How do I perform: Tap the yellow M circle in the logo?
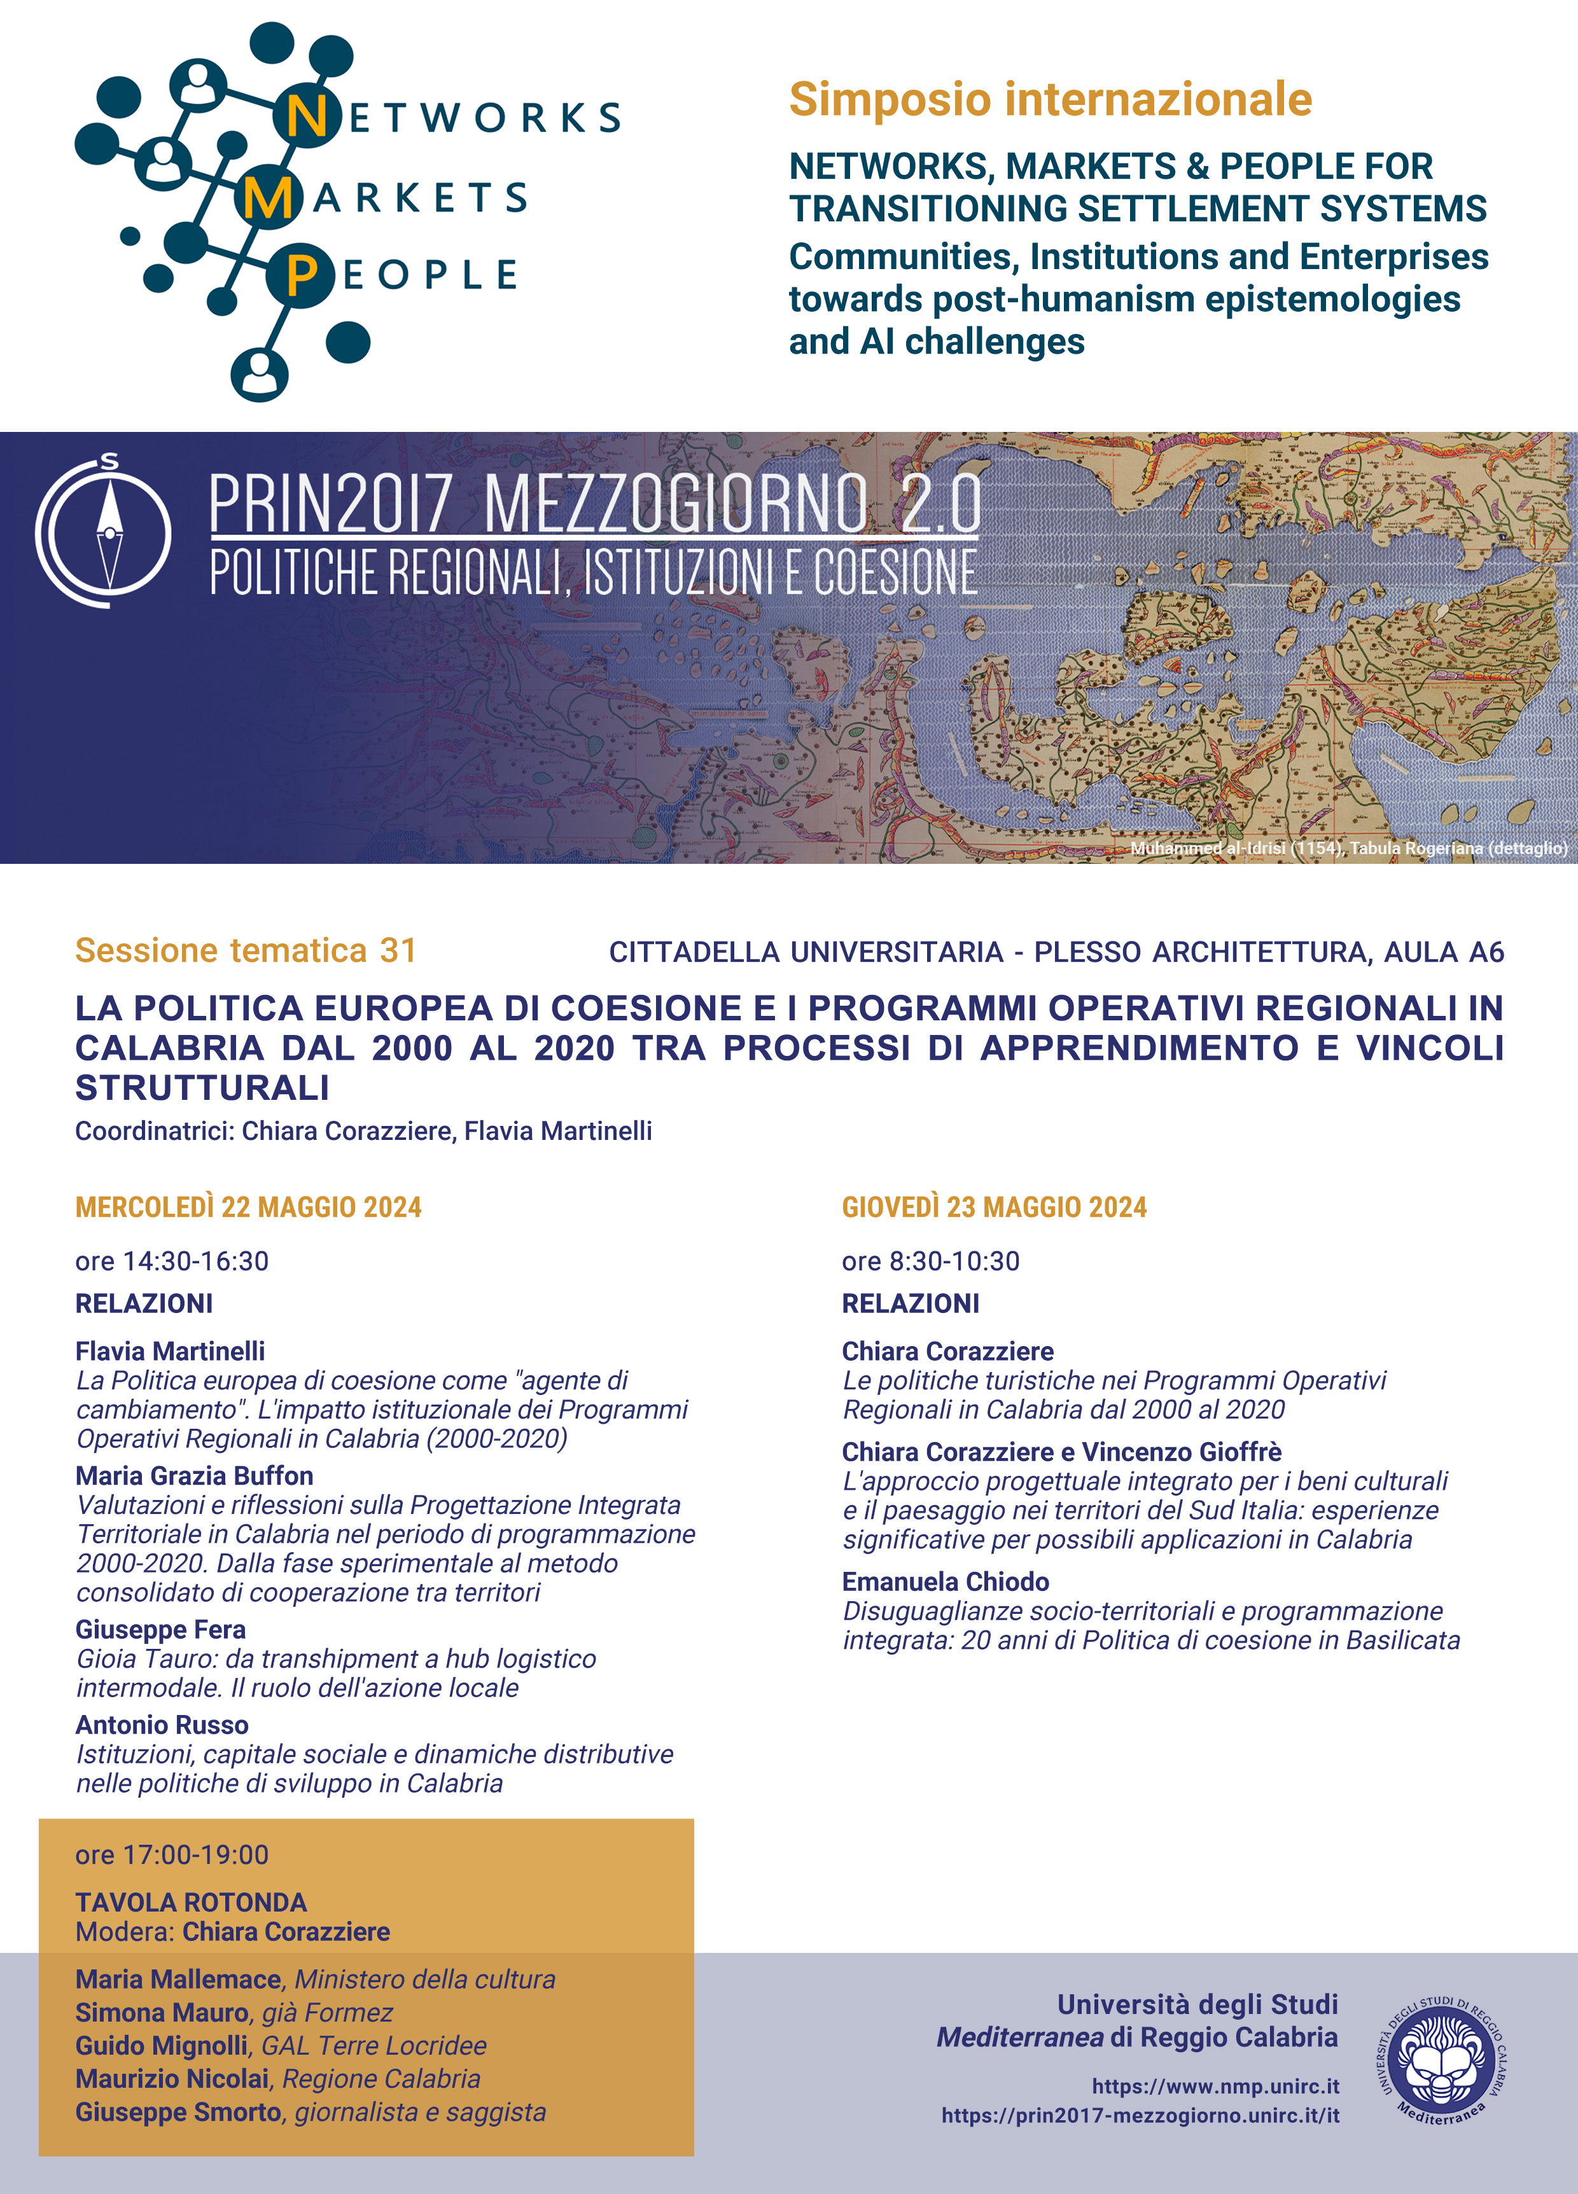click(x=266, y=198)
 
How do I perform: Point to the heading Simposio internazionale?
click(x=1050, y=100)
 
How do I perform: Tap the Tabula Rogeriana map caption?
click(x=1348, y=847)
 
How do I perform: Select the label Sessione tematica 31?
click(x=246, y=950)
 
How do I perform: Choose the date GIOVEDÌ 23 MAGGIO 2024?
click(x=994, y=1207)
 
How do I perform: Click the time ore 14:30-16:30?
click(x=172, y=1261)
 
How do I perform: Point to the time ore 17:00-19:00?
click(x=172, y=1854)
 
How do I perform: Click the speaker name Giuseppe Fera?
click(x=160, y=1629)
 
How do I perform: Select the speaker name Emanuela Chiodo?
click(x=946, y=1581)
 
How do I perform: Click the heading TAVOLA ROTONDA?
click(x=191, y=1902)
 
